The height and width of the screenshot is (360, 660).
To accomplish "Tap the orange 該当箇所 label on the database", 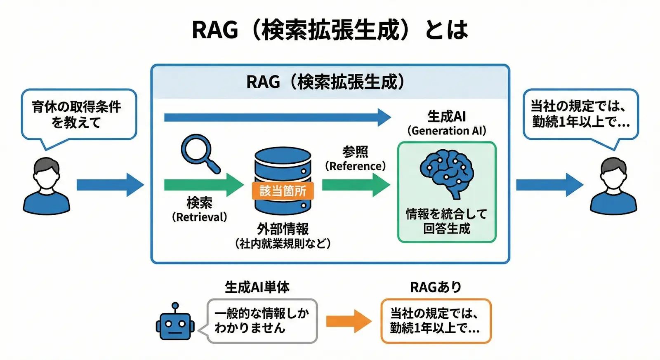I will pyautogui.click(x=283, y=191).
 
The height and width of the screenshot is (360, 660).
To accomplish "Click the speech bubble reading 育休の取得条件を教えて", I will pyautogui.click(x=79, y=114).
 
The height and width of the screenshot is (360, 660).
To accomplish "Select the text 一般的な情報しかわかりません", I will pyautogui.click(x=262, y=321).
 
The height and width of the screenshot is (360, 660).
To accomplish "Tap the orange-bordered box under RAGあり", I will pyautogui.click(x=436, y=321).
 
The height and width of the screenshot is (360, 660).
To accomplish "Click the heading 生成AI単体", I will pyautogui.click(x=257, y=287).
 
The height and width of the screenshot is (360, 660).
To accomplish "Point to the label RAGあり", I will pyautogui.click(x=436, y=287).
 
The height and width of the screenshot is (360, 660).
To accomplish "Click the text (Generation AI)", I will pyautogui.click(x=447, y=131).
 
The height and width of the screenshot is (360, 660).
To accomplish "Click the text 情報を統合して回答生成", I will pyautogui.click(x=447, y=221).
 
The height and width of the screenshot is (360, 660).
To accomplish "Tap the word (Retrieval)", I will pyautogui.click(x=200, y=217).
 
